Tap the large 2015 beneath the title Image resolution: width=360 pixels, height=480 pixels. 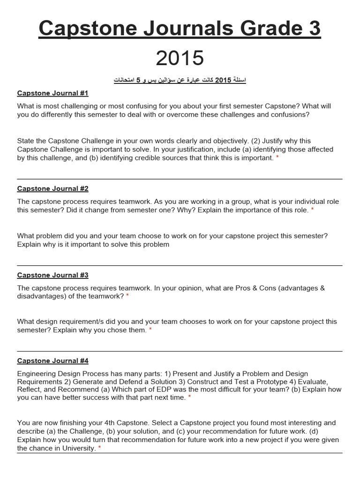[x=180, y=58]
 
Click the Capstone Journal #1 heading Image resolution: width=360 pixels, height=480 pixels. [x=52, y=93]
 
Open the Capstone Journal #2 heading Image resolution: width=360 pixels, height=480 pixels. [x=52, y=188]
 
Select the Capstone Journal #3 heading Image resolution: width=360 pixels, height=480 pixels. [x=52, y=275]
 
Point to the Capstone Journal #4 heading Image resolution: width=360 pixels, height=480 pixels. [x=52, y=360]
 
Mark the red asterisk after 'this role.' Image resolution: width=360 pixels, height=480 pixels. [x=313, y=210]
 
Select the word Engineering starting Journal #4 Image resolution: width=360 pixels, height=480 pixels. [x=36, y=374]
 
